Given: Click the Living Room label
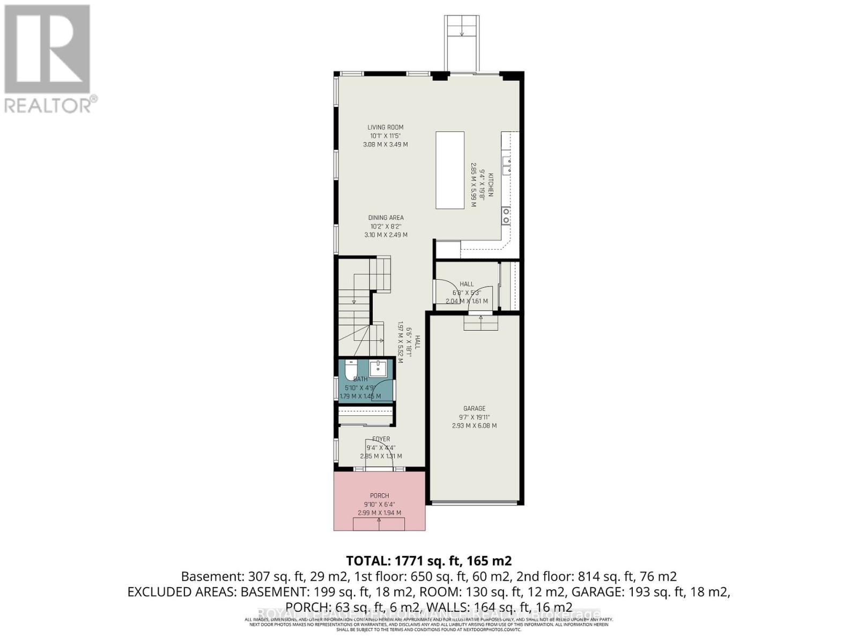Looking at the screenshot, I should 385,127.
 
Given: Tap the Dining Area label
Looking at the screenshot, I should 386,217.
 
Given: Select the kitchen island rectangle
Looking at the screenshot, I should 449,170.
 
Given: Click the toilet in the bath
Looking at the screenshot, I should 351,370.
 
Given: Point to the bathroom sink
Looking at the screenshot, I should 378,368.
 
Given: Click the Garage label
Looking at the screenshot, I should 474,408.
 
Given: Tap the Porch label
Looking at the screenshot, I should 379,495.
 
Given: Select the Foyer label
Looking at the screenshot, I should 381,439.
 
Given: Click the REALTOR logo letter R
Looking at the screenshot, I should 47,49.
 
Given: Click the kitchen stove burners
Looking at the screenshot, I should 506,216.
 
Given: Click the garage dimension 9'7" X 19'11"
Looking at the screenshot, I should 474,417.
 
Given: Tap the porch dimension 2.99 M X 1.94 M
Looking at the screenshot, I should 379,513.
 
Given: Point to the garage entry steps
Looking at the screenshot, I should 481,323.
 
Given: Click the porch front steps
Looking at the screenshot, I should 379,524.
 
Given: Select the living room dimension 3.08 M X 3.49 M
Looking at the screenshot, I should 385,144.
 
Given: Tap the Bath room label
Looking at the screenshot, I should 360,379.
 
